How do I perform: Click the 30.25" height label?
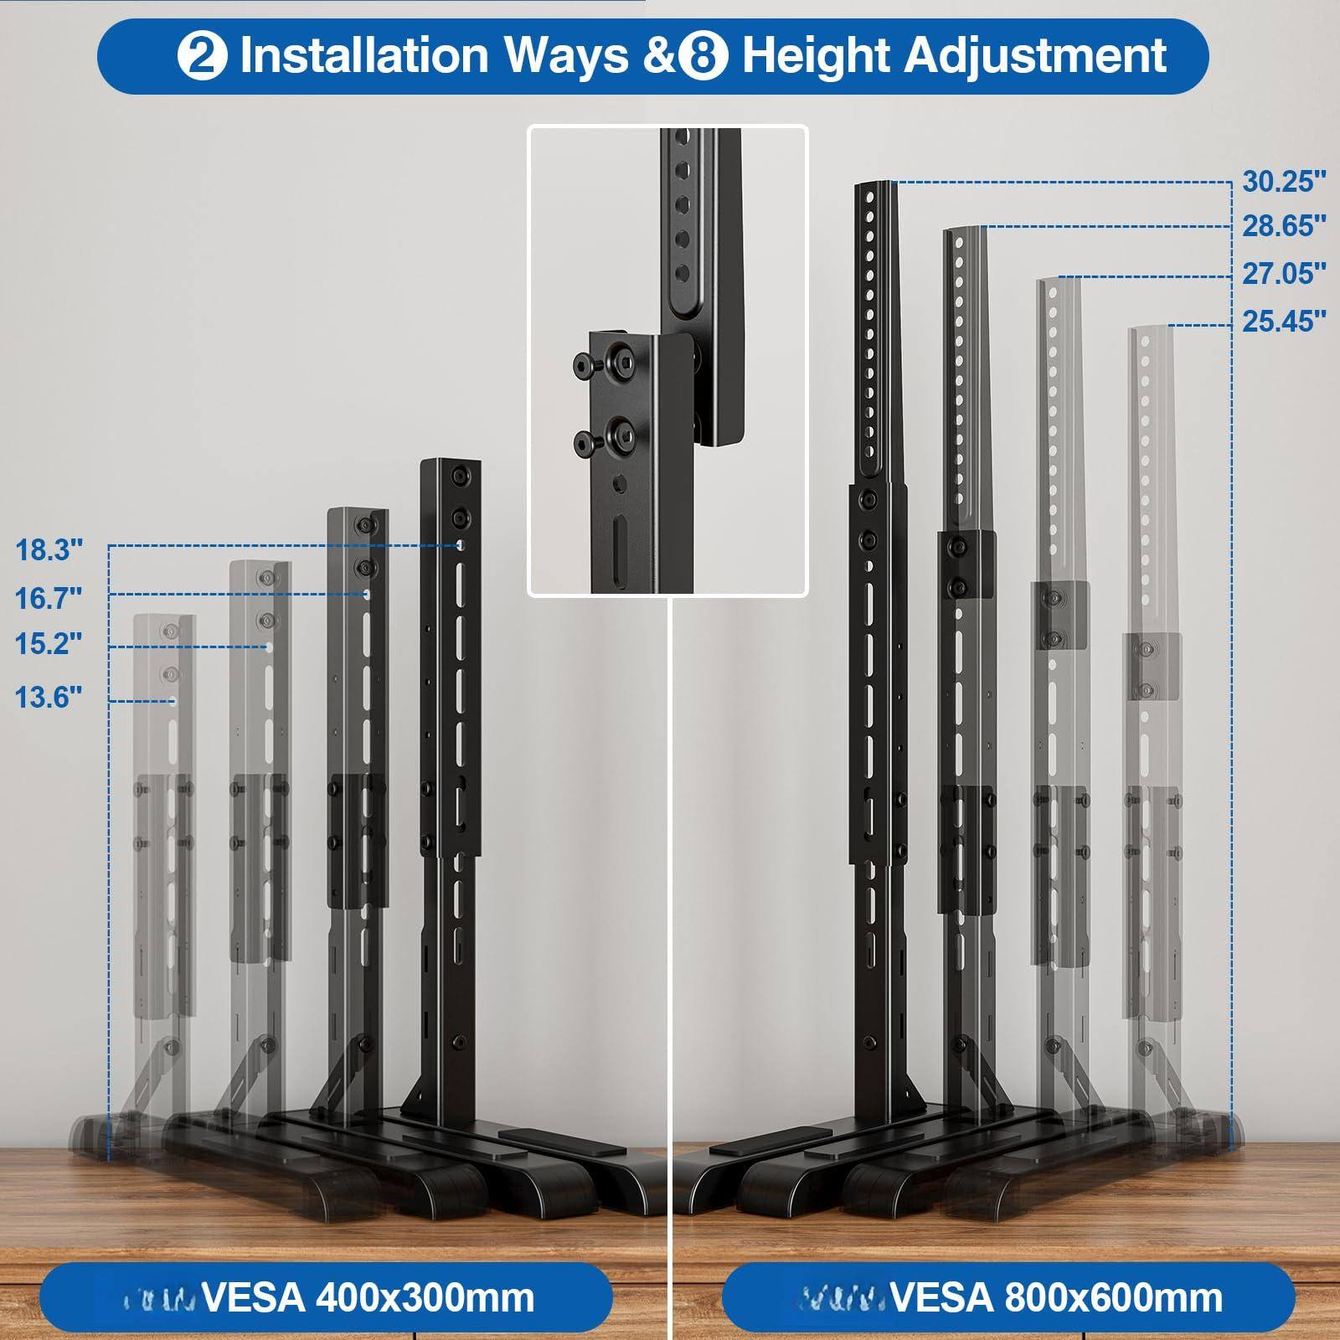pos(1284,182)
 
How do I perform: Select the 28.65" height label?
pos(1284,226)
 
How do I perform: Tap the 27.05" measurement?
pos(1284,274)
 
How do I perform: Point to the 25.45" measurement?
pos(1284,322)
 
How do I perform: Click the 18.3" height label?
pos(49,550)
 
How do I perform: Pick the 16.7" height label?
pos(49,598)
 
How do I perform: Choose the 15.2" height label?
pos(49,644)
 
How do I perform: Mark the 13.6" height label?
pos(49,697)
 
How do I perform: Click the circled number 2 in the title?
pos(202,56)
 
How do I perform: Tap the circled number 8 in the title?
pos(704,56)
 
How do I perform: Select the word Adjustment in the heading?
pos(1036,56)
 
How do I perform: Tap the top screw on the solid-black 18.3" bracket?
pos(458,476)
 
